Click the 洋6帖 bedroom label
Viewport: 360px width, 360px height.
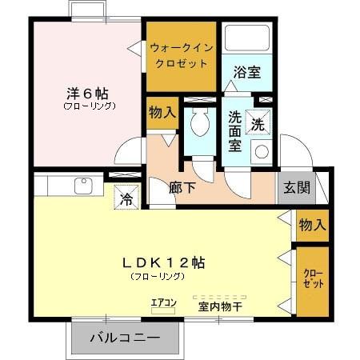pyautogui.click(x=81, y=90)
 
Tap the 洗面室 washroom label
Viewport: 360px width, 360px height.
pyautogui.click(x=235, y=130)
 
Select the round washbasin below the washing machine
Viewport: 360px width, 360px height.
pyautogui.click(x=261, y=150)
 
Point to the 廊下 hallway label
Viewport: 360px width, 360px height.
pyautogui.click(x=183, y=189)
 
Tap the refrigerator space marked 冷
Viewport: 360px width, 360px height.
pyautogui.click(x=126, y=197)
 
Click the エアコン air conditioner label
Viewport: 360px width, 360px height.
pyautogui.click(x=162, y=302)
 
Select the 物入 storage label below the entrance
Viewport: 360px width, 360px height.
pyautogui.click(x=312, y=226)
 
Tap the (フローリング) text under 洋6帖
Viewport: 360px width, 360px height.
pyautogui.click(x=89, y=105)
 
